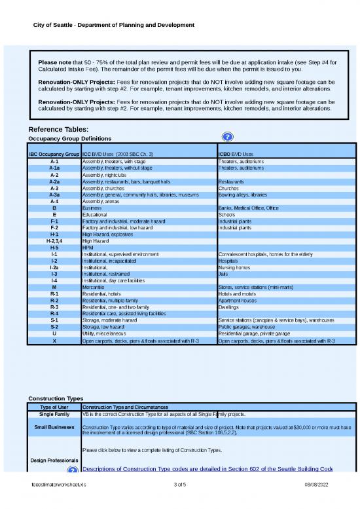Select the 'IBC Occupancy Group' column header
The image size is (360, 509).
[54, 154]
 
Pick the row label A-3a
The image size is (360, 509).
[54, 195]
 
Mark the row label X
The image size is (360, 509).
[54, 341]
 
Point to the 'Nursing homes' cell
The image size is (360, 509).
[233, 267]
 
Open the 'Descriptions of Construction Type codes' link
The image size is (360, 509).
[207, 469]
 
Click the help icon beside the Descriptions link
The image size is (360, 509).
[75, 470]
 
